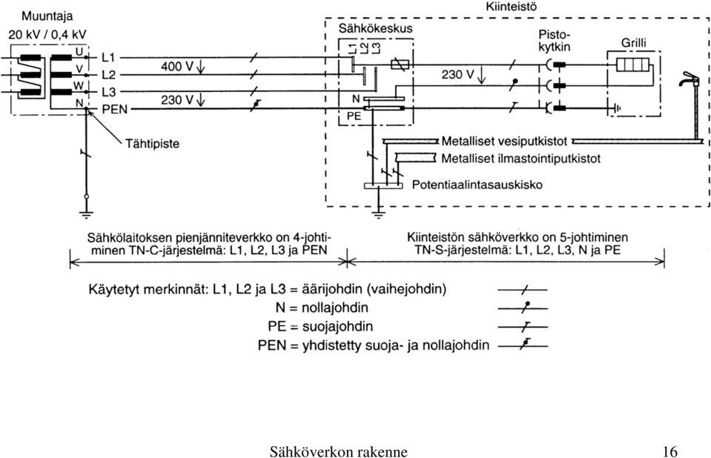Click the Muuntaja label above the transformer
click(47, 16)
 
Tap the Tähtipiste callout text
click(152, 144)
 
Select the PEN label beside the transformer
click(115, 109)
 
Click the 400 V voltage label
click(177, 67)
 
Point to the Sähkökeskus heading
click(375, 29)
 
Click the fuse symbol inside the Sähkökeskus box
click(400, 64)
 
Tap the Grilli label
click(633, 43)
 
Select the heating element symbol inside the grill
click(632, 64)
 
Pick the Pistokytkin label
click(554, 41)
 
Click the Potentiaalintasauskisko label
click(477, 185)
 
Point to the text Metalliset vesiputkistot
click(504, 142)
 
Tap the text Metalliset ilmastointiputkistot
click(521, 159)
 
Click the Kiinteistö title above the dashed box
click(512, 7)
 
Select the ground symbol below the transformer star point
click(86, 214)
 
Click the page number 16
click(669, 451)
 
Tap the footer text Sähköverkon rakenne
click(338, 451)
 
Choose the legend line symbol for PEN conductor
click(523, 345)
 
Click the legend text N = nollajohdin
click(322, 308)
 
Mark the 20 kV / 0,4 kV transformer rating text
click(47, 35)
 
